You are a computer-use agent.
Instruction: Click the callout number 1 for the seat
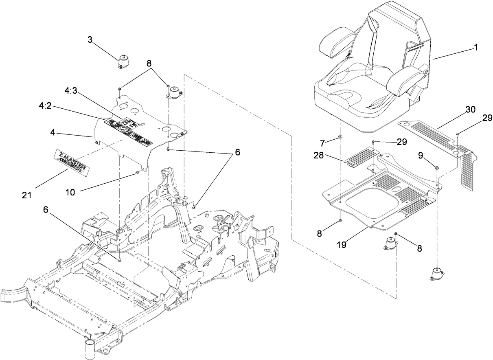pyautogui.click(x=475, y=48)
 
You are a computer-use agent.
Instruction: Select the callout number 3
pyautogui.click(x=90, y=40)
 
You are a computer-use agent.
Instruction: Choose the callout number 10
pyautogui.click(x=70, y=192)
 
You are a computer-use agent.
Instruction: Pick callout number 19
pyautogui.click(x=342, y=246)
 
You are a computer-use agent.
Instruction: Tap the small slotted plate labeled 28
pyautogui.click(x=362, y=156)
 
